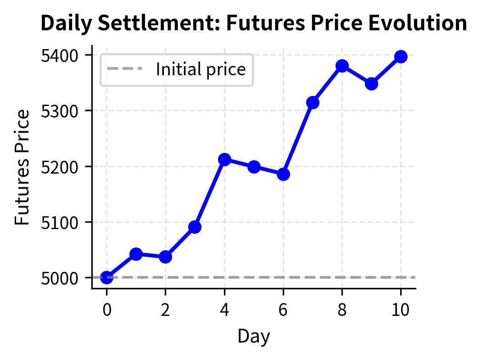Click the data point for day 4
(224, 159)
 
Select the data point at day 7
(313, 102)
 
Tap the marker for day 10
(401, 56)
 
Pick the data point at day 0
(106, 277)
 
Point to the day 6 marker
(283, 174)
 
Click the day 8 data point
(342, 66)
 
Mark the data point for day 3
(195, 226)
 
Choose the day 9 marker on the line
(371, 84)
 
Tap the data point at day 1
(136, 253)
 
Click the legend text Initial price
(201, 69)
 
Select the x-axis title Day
(253, 337)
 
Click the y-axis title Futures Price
(22, 167)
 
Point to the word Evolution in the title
(425, 23)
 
